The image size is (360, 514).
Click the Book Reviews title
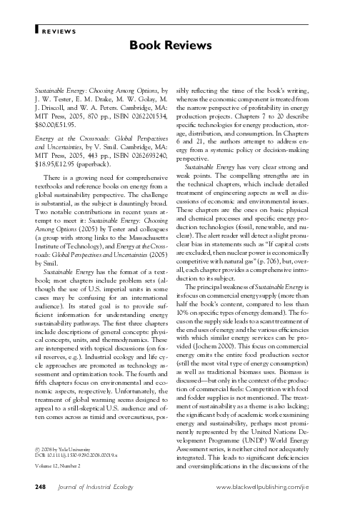point(179,46)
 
